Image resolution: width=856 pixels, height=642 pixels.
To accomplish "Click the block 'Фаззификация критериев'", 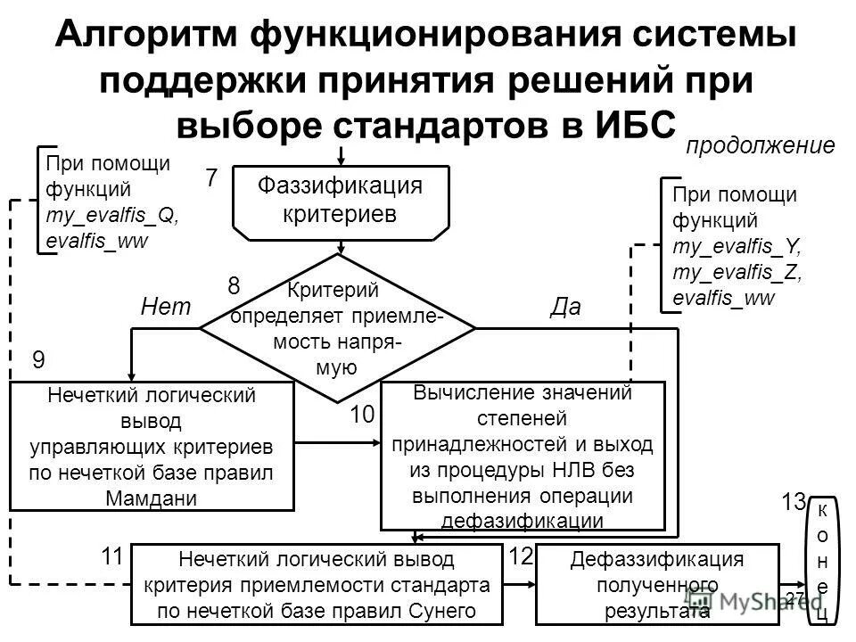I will point(339,202).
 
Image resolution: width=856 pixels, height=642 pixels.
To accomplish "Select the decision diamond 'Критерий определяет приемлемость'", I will point(337,328).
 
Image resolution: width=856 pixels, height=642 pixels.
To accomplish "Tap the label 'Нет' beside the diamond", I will point(168,308).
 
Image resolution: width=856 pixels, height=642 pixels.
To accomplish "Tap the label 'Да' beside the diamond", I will point(565,308).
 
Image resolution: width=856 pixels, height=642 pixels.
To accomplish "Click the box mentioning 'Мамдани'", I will point(152,446).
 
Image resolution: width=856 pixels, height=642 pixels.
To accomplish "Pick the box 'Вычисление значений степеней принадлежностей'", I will point(523,455).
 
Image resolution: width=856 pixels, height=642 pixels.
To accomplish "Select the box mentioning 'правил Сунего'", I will point(317,585).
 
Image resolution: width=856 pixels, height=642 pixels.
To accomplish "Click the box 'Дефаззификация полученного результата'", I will point(657,585).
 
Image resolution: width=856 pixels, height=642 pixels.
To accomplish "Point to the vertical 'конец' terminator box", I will point(822,560).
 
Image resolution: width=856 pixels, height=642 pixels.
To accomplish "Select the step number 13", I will point(794,502).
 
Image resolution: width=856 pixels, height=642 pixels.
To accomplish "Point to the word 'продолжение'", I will point(760,146).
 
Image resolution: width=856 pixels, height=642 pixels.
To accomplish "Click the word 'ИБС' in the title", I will point(630,123).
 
